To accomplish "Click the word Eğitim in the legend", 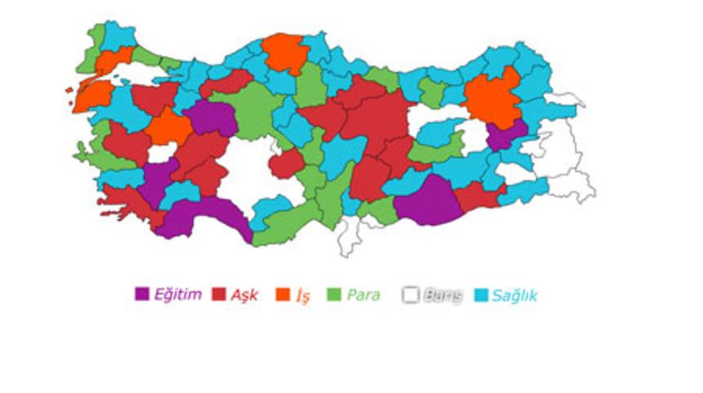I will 177,295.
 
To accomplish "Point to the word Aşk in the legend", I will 244,295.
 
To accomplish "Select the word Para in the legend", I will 363,295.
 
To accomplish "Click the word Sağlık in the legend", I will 515,295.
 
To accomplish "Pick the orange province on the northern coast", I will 284,53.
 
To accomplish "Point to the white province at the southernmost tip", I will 351,237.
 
